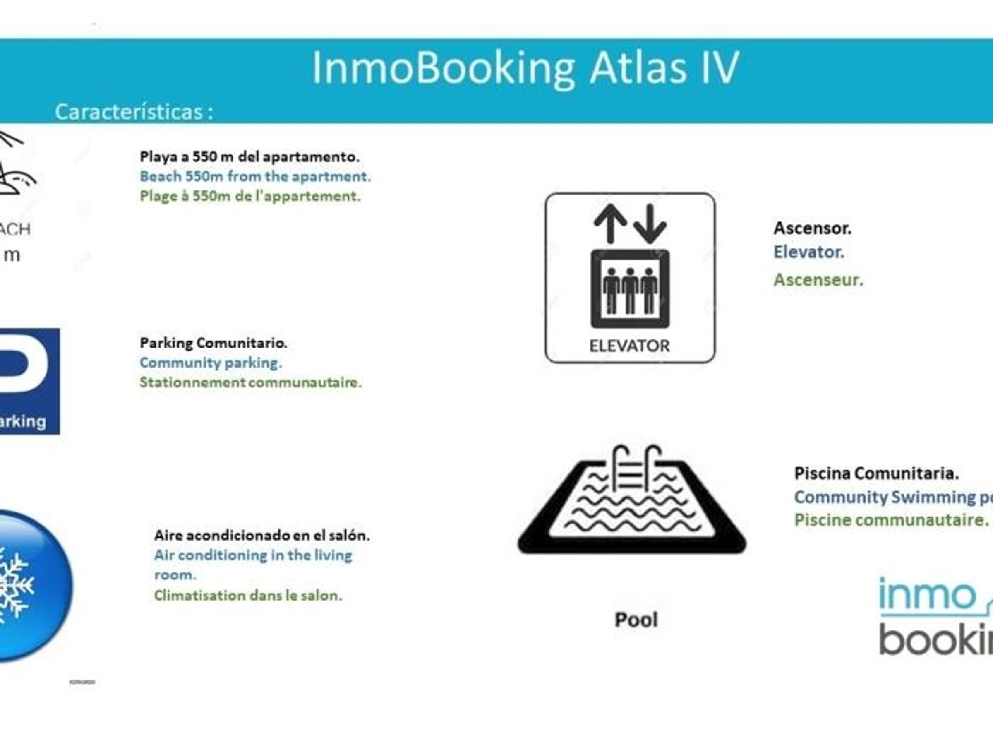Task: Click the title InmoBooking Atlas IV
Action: (x=525, y=68)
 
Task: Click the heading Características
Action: (x=133, y=112)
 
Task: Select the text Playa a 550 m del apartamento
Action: (x=249, y=157)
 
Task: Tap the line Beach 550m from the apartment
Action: (x=255, y=176)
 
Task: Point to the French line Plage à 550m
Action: (x=250, y=196)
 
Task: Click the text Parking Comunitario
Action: (x=213, y=343)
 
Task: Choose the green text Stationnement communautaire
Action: (x=250, y=382)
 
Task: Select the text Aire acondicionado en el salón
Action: (x=262, y=535)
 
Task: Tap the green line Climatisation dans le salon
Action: (x=248, y=596)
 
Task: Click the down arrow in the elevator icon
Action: (x=650, y=222)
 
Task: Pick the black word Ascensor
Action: (x=812, y=228)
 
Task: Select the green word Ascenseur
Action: (x=818, y=280)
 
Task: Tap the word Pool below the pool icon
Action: (x=636, y=620)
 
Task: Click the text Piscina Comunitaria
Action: (x=876, y=473)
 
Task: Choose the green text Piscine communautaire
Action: (x=891, y=520)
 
